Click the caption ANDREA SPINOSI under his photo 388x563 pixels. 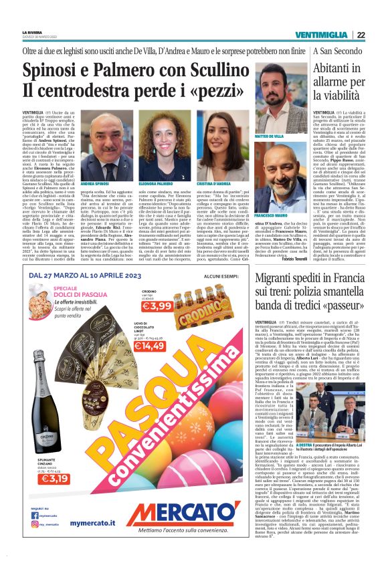[x=95, y=183]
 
